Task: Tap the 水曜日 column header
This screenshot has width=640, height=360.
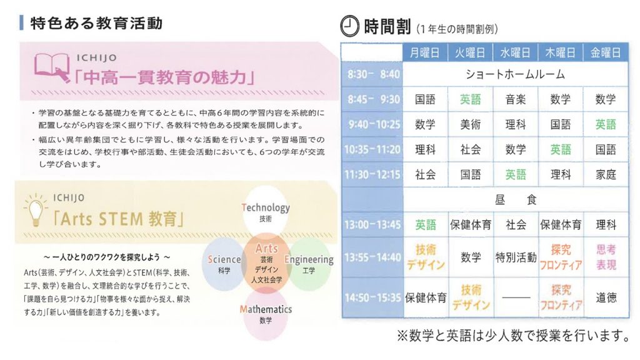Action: (515, 52)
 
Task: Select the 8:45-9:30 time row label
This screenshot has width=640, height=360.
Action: (373, 99)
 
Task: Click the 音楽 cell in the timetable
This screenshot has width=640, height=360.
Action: (515, 99)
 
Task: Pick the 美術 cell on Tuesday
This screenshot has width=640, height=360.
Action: (470, 124)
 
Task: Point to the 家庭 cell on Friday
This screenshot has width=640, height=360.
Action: (605, 175)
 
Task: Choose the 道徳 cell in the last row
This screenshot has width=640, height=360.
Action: (605, 297)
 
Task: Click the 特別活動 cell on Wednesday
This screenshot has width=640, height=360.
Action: (516, 257)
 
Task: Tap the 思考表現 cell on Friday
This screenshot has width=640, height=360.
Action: (606, 257)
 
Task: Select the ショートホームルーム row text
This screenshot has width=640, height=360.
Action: (515, 74)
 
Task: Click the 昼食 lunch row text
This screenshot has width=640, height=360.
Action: (515, 200)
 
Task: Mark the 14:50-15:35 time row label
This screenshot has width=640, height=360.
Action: (372, 297)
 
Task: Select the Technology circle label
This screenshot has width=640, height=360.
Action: (265, 207)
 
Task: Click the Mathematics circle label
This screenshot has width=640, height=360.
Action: (266, 309)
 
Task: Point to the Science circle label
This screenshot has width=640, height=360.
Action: (224, 259)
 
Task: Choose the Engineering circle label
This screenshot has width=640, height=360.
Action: (309, 259)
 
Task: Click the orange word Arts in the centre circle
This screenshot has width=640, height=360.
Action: (266, 248)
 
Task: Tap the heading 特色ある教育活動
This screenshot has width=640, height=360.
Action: (96, 23)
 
